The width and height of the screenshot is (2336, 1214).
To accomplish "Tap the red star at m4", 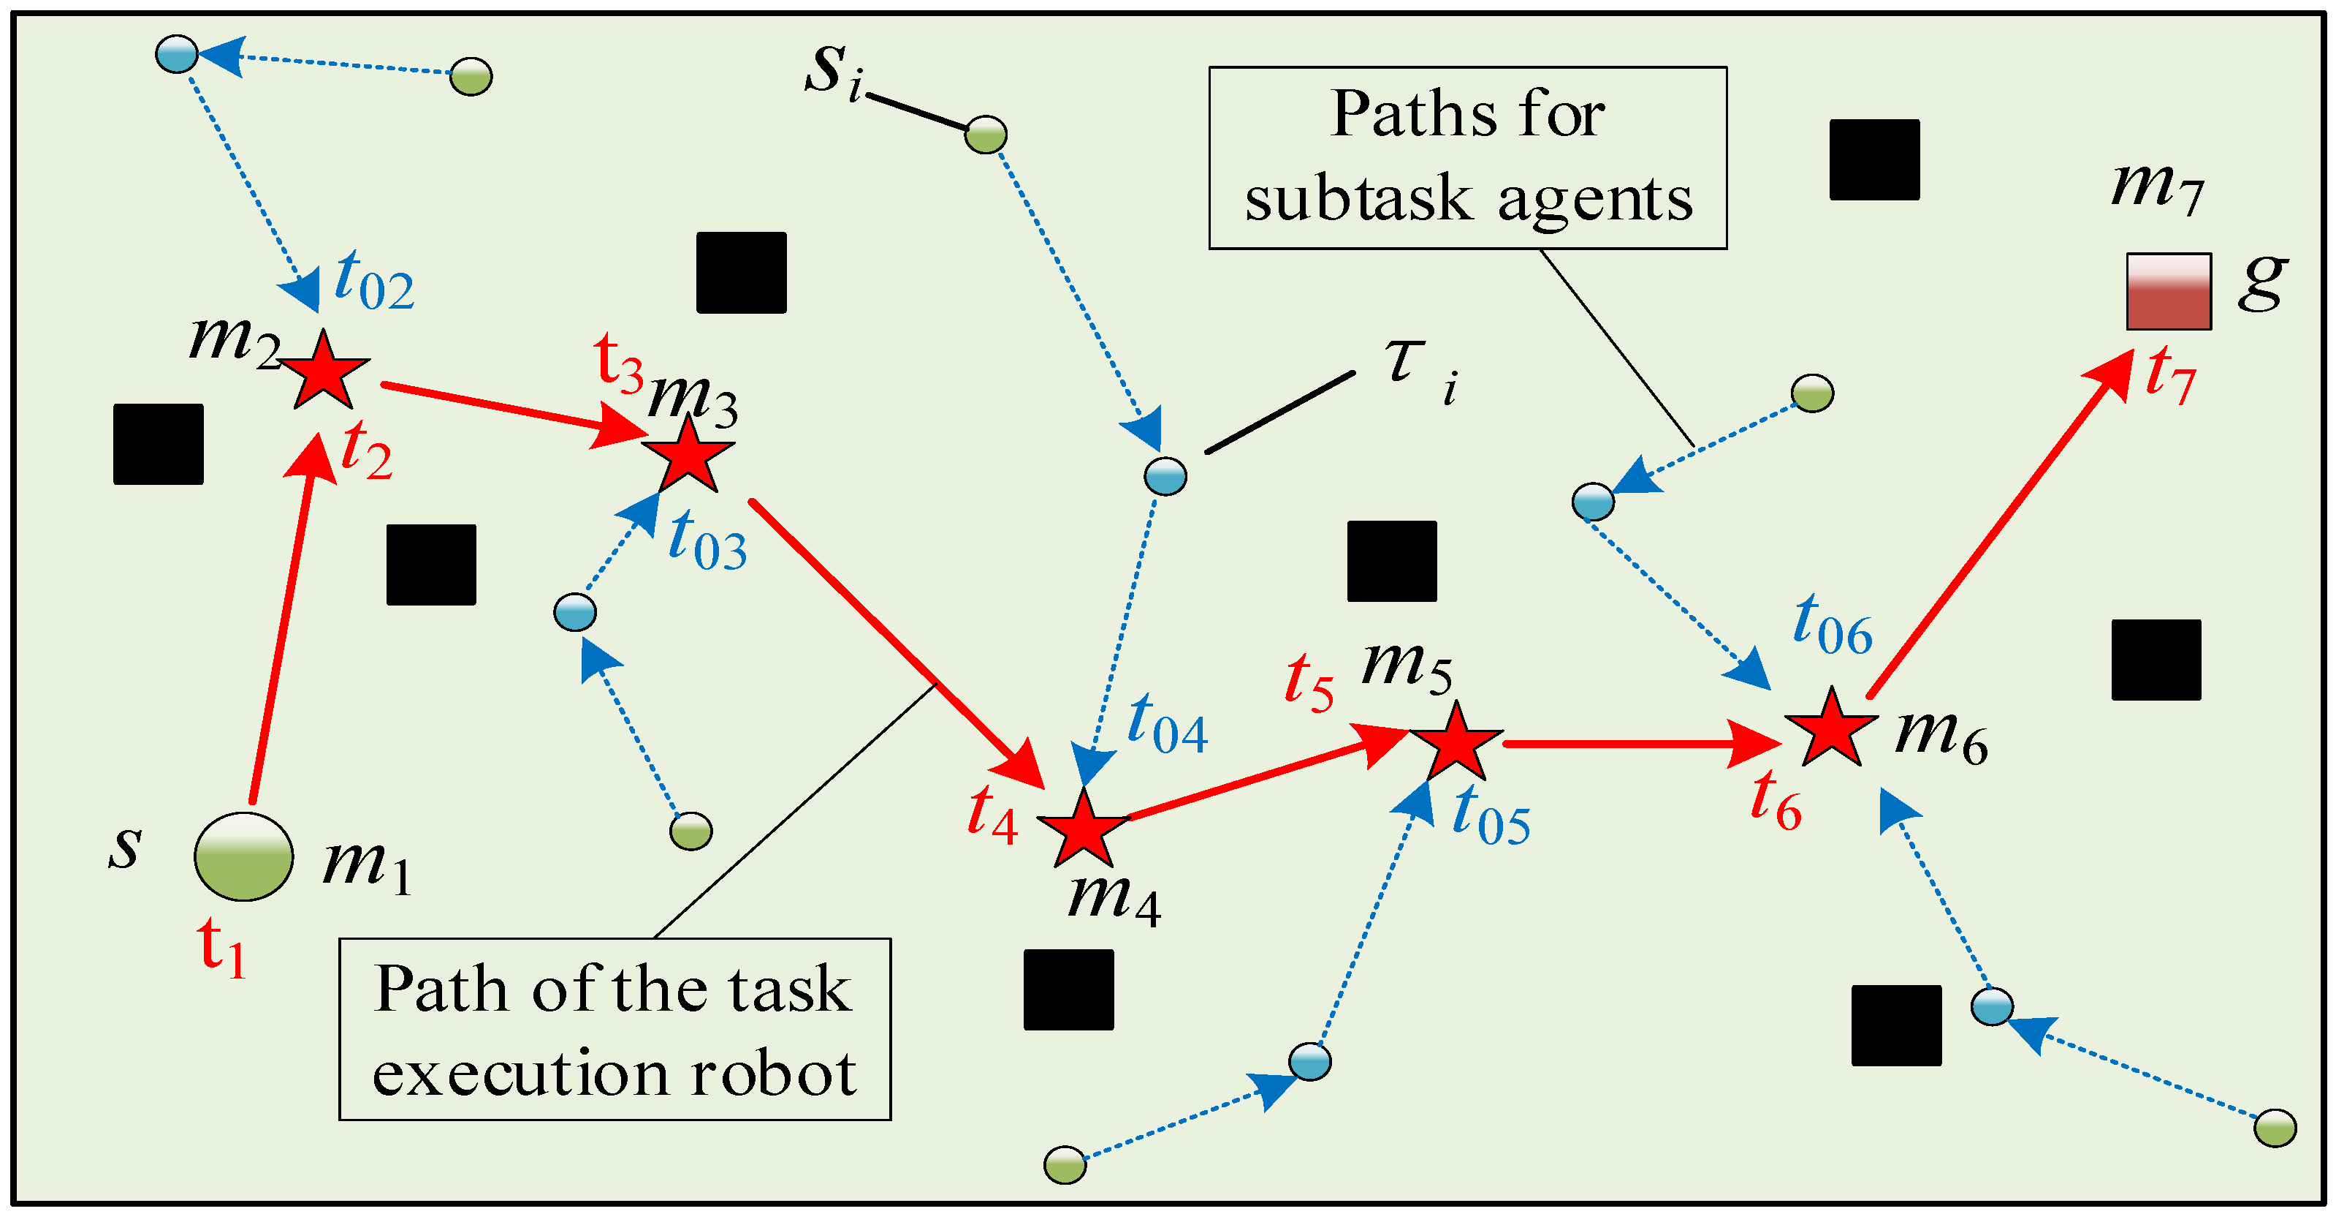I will pyautogui.click(x=1084, y=829).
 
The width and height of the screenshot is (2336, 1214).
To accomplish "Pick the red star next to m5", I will pyautogui.click(x=1456, y=743).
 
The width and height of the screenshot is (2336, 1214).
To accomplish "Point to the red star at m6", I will pyautogui.click(x=1831, y=728).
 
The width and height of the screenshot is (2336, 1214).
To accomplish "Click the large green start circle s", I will pyautogui.click(x=244, y=856).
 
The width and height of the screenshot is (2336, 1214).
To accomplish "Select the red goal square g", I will pyautogui.click(x=2168, y=291).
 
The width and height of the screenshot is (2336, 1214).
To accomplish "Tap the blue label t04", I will pyautogui.click(x=1167, y=724).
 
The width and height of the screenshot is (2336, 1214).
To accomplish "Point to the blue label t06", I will pyautogui.click(x=1833, y=625).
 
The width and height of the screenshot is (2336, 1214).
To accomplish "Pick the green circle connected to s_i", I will pyautogui.click(x=986, y=135).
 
